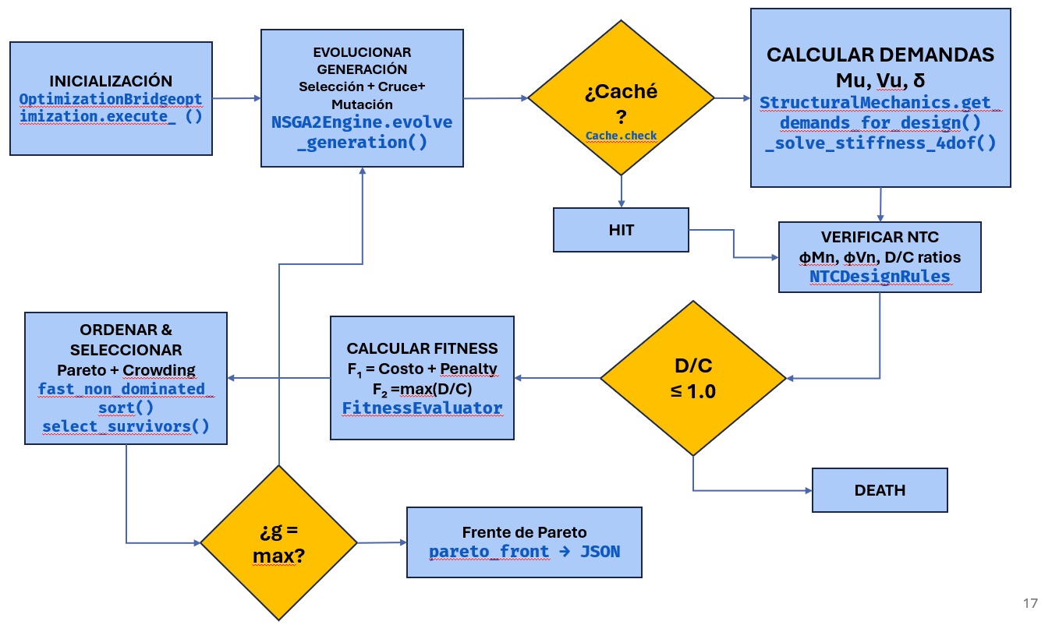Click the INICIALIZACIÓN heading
click(x=110, y=81)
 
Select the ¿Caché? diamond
click(x=621, y=98)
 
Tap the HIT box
click(x=621, y=230)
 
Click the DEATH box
click(x=880, y=490)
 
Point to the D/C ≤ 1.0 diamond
click(x=692, y=379)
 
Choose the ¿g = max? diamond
click(x=278, y=543)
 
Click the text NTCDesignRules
click(x=880, y=276)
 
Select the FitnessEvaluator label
click(x=422, y=408)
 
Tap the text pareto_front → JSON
click(x=524, y=552)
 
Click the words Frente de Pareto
click(x=524, y=533)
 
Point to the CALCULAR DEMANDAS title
click(x=880, y=55)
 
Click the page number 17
click(x=1030, y=603)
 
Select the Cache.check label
click(x=621, y=136)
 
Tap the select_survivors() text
click(x=126, y=426)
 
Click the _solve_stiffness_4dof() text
click(x=880, y=143)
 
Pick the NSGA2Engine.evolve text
click(x=362, y=122)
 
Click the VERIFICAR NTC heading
click(x=880, y=237)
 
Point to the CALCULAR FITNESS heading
click(x=422, y=348)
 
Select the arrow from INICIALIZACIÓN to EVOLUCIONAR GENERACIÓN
click(x=236, y=98)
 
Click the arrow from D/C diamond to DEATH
click(x=749, y=490)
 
